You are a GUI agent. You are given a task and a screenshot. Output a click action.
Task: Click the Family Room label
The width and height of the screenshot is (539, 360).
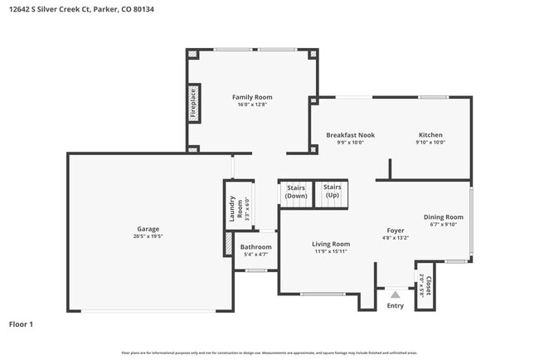pos(251,97)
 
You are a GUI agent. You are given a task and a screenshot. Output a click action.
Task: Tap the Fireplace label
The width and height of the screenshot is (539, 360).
pos(193,103)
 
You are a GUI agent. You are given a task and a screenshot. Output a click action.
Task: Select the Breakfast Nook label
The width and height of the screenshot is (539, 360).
pos(350,134)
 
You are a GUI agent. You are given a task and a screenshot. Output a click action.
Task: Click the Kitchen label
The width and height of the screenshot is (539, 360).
pos(430,134)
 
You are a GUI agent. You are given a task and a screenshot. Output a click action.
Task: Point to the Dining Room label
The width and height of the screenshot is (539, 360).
pos(443,216)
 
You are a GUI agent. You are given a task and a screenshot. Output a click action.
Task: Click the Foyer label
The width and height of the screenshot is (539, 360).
pos(395,231)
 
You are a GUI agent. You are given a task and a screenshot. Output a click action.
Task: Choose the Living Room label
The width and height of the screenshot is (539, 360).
pos(331,244)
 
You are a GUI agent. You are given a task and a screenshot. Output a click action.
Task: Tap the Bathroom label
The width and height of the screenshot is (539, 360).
pos(255,246)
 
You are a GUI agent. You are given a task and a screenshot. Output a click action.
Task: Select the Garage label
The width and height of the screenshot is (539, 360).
pos(148,229)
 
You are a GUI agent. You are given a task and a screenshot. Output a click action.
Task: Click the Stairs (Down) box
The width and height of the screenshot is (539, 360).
pos(296,192)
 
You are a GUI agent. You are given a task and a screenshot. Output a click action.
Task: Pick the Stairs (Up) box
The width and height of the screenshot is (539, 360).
pos(332,191)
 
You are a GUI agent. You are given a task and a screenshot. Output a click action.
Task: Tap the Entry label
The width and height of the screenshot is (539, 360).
pos(396,306)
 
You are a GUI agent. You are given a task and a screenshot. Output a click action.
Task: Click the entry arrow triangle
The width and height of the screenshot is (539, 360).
pos(396,294)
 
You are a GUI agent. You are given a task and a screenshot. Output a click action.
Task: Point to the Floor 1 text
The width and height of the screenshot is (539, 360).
pos(21,324)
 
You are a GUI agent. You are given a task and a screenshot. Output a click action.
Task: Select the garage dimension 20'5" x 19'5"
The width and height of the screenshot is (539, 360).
pos(148,236)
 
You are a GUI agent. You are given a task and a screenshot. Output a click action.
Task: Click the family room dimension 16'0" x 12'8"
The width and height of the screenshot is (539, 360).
pos(251,105)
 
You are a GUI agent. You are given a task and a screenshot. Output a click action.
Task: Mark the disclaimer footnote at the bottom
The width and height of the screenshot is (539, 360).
pos(269,353)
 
